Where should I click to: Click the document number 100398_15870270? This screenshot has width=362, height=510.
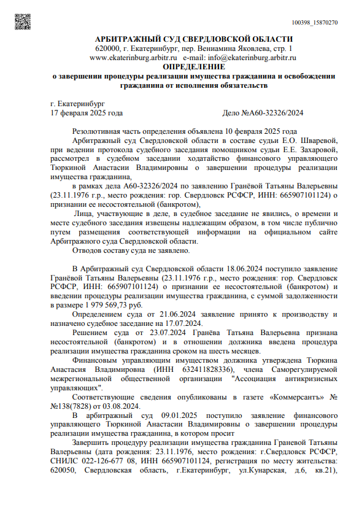(315, 22)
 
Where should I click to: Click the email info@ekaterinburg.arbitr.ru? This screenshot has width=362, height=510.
(253, 57)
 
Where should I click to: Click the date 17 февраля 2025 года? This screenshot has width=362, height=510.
(87, 113)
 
